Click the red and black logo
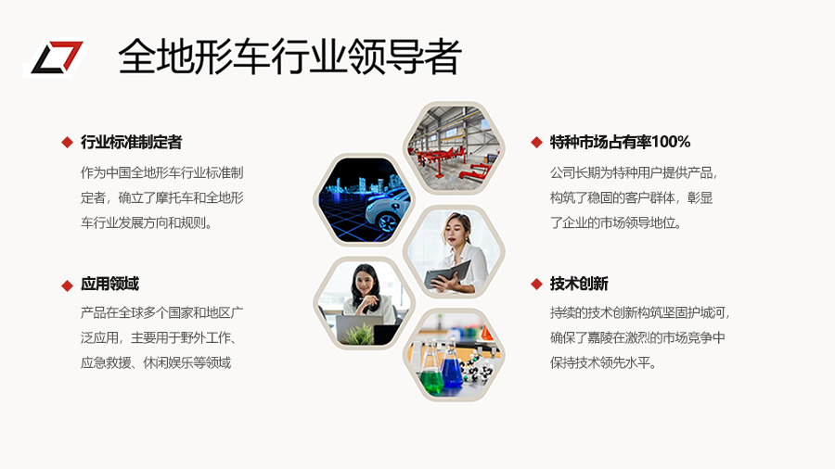pyautogui.click(x=55, y=57)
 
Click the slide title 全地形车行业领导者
pyautogui.click(x=289, y=57)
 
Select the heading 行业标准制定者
pyautogui.click(x=132, y=142)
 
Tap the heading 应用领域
pyautogui.click(x=109, y=284)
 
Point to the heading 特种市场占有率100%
pyautogui.click(x=620, y=142)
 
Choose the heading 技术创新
pyautogui.click(x=579, y=284)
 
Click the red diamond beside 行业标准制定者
pyautogui.click(x=67, y=143)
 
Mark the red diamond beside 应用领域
pyautogui.click(x=67, y=285)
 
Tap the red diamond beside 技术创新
pyautogui.click(x=537, y=285)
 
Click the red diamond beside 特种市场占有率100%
pyautogui.click(x=537, y=143)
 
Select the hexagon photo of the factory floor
pyautogui.click(x=454, y=147)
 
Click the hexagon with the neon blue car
pyautogui.click(x=365, y=200)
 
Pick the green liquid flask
pyautogui.click(x=431, y=374)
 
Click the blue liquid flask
pyautogui.click(x=452, y=366)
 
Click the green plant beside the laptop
pyautogui.click(x=358, y=335)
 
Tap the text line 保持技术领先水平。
pyautogui.click(x=603, y=362)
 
